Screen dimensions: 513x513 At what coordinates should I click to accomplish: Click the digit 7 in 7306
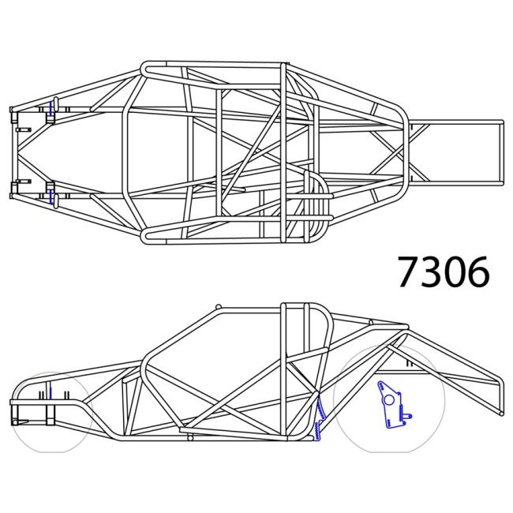410,272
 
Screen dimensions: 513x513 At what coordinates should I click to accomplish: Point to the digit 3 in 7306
432,272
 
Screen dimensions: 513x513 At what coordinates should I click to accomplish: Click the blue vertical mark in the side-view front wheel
50,395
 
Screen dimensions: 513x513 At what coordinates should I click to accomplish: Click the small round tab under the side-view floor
189,437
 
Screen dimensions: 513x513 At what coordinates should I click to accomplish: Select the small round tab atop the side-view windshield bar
218,307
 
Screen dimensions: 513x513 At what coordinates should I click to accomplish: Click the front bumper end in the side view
13,403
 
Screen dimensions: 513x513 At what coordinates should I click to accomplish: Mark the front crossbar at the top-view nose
13,152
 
